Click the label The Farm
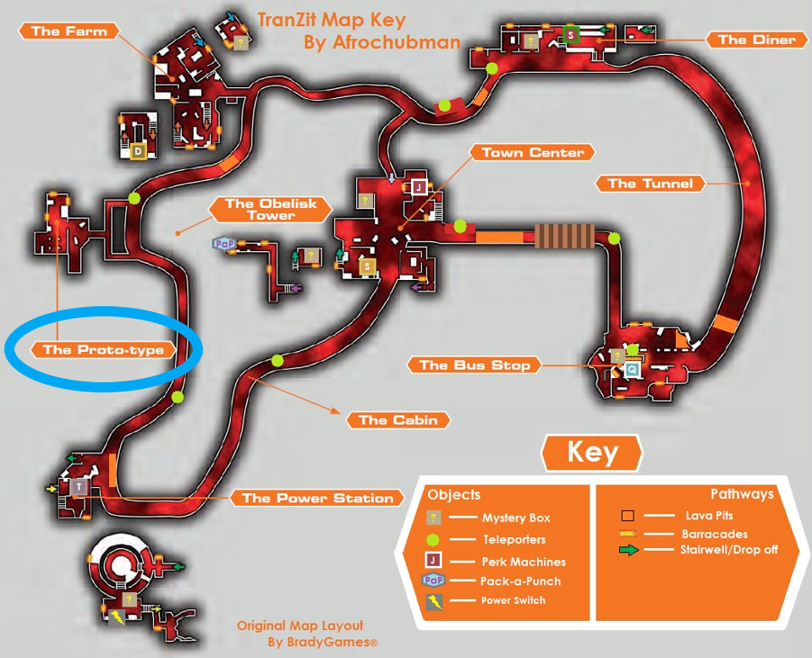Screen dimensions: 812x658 69,31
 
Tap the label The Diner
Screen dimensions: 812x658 756,40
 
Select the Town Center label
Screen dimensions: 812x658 532,152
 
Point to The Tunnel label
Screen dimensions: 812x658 650,184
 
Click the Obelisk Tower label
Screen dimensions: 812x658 271,209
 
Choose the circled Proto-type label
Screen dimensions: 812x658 103,349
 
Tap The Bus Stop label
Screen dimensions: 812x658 475,365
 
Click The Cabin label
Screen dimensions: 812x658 398,419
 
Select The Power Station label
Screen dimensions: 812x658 317,498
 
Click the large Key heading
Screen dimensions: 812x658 592,452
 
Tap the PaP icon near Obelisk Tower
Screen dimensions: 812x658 224,244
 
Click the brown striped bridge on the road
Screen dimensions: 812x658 564,236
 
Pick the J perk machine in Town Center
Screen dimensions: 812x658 419,187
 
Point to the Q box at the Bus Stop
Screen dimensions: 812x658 632,370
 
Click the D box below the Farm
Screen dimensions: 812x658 138,151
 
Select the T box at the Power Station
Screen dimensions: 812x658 79,486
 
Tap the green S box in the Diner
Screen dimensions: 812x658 570,36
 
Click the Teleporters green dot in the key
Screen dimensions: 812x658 432,540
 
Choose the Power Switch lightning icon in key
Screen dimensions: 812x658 434,602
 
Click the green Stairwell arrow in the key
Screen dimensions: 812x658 629,550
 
